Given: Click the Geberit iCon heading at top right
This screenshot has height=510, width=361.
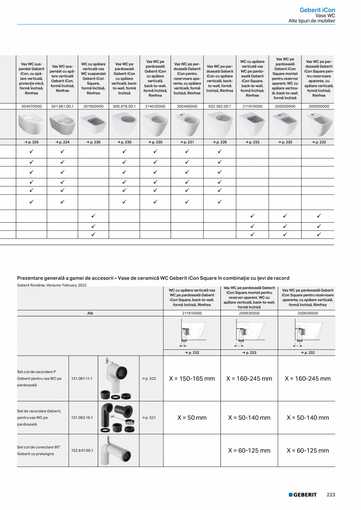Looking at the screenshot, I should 317,10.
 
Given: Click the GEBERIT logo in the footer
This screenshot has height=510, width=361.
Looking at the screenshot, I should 303,495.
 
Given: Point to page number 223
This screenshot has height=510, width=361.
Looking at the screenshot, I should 331,495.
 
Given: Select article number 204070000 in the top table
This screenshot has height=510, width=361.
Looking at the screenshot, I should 31,106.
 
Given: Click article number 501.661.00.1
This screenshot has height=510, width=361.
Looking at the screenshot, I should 62,106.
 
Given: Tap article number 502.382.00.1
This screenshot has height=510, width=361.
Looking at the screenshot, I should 220,106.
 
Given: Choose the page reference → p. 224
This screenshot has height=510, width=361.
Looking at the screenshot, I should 62,142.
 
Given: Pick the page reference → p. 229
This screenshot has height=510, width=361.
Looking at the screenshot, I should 220,142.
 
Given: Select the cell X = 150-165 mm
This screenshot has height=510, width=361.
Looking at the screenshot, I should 192,379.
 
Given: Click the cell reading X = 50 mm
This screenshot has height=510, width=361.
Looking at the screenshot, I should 192,418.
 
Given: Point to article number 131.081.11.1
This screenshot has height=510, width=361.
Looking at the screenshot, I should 82,379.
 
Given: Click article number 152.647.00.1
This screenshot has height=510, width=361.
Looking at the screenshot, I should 82,450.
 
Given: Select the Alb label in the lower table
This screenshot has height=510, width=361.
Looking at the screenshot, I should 90,313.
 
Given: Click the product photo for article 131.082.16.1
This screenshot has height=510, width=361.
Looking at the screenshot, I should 118,418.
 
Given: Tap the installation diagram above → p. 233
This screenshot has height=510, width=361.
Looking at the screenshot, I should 249,332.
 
